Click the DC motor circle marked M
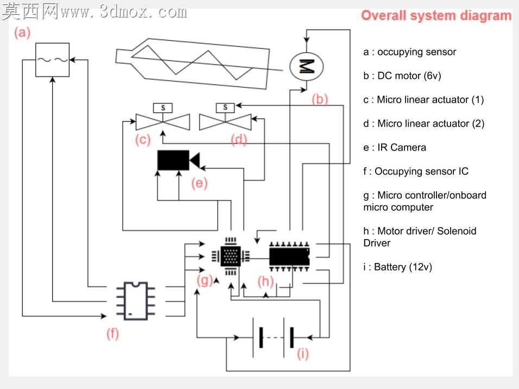tap(307, 66)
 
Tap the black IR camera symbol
tap(178, 160)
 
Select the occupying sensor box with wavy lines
tap(52, 60)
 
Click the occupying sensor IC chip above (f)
tap(136, 301)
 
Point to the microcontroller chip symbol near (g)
tap(230, 256)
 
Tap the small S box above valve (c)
tap(163, 108)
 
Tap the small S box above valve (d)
tap(225, 108)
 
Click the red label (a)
tap(22, 33)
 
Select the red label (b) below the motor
tap(320, 99)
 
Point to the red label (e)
tap(199, 183)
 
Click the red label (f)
tap(112, 334)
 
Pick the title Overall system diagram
tap(436, 16)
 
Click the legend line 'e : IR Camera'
tap(395, 147)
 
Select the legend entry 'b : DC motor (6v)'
tap(402, 76)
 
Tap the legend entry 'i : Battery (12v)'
tap(397, 267)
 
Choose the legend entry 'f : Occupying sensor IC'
tap(416, 171)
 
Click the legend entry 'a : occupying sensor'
tap(409, 52)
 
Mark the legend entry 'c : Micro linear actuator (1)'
tap(423, 100)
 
